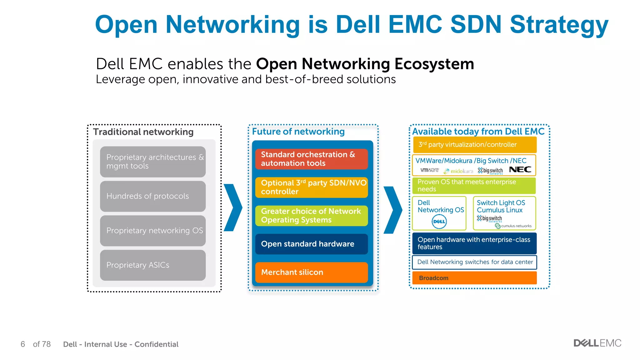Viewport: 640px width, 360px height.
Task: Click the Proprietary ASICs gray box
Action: coord(153,265)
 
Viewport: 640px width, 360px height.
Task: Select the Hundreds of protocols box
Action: coord(153,196)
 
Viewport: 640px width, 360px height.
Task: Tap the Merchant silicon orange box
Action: coord(311,272)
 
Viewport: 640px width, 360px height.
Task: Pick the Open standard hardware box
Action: coord(311,244)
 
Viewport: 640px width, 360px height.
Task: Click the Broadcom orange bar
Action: coord(474,278)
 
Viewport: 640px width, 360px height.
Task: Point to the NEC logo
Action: coord(520,170)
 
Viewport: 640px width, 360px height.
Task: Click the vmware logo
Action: coord(429,170)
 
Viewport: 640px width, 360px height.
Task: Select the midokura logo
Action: coord(458,171)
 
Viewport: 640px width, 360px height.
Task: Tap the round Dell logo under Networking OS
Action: coord(439,222)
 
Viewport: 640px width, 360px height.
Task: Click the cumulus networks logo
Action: coord(513,226)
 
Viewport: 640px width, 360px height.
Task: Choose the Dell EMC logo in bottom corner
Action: coord(597,343)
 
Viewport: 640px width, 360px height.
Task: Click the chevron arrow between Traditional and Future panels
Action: coord(233,207)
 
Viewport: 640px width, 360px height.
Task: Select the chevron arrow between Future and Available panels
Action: coord(393,210)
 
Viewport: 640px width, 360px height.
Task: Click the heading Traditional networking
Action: coord(143,132)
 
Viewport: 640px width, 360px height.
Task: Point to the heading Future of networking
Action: coord(298,132)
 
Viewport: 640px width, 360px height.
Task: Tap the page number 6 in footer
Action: coord(23,344)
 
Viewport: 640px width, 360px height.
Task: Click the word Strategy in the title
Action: coord(559,25)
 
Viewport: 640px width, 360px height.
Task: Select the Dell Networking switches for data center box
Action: coord(474,262)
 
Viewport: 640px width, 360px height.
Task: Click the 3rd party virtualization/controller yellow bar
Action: coord(474,145)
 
